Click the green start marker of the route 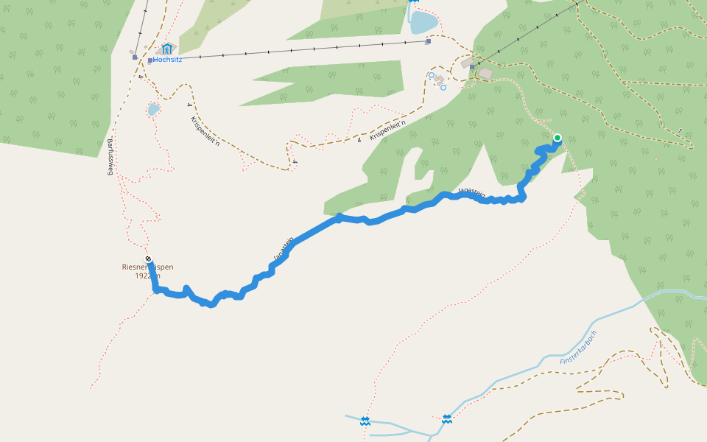[557, 138]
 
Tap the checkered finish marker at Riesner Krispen [149, 259]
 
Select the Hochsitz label [168, 60]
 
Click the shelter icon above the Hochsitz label [167, 49]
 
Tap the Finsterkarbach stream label [578, 346]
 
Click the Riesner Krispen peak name [147, 267]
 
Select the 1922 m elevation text [147, 276]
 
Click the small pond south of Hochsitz [153, 110]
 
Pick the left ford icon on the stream [365, 421]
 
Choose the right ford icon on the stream [447, 418]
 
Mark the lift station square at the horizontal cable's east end [428, 41]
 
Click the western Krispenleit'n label [205, 131]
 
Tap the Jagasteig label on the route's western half [283, 248]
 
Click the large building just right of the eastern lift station [485, 74]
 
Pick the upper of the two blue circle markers [432, 75]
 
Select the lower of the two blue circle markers [443, 88]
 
